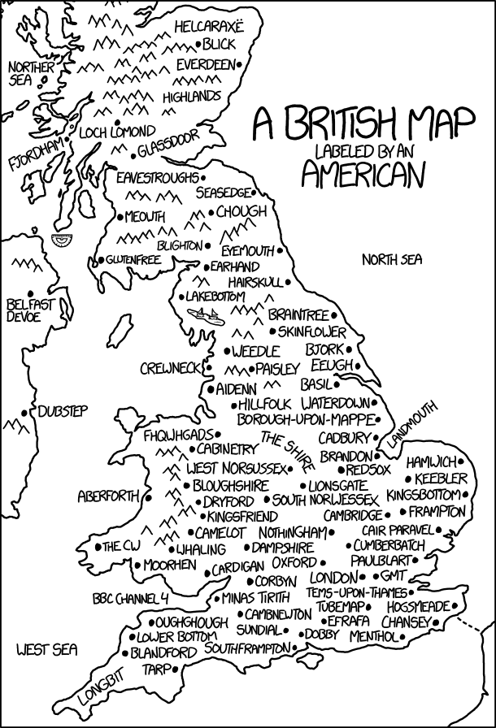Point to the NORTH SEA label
(393, 260)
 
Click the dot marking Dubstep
(33, 412)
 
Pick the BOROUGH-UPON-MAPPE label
(304, 419)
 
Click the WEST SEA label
(46, 649)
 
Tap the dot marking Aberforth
(149, 495)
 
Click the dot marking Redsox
(342, 470)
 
